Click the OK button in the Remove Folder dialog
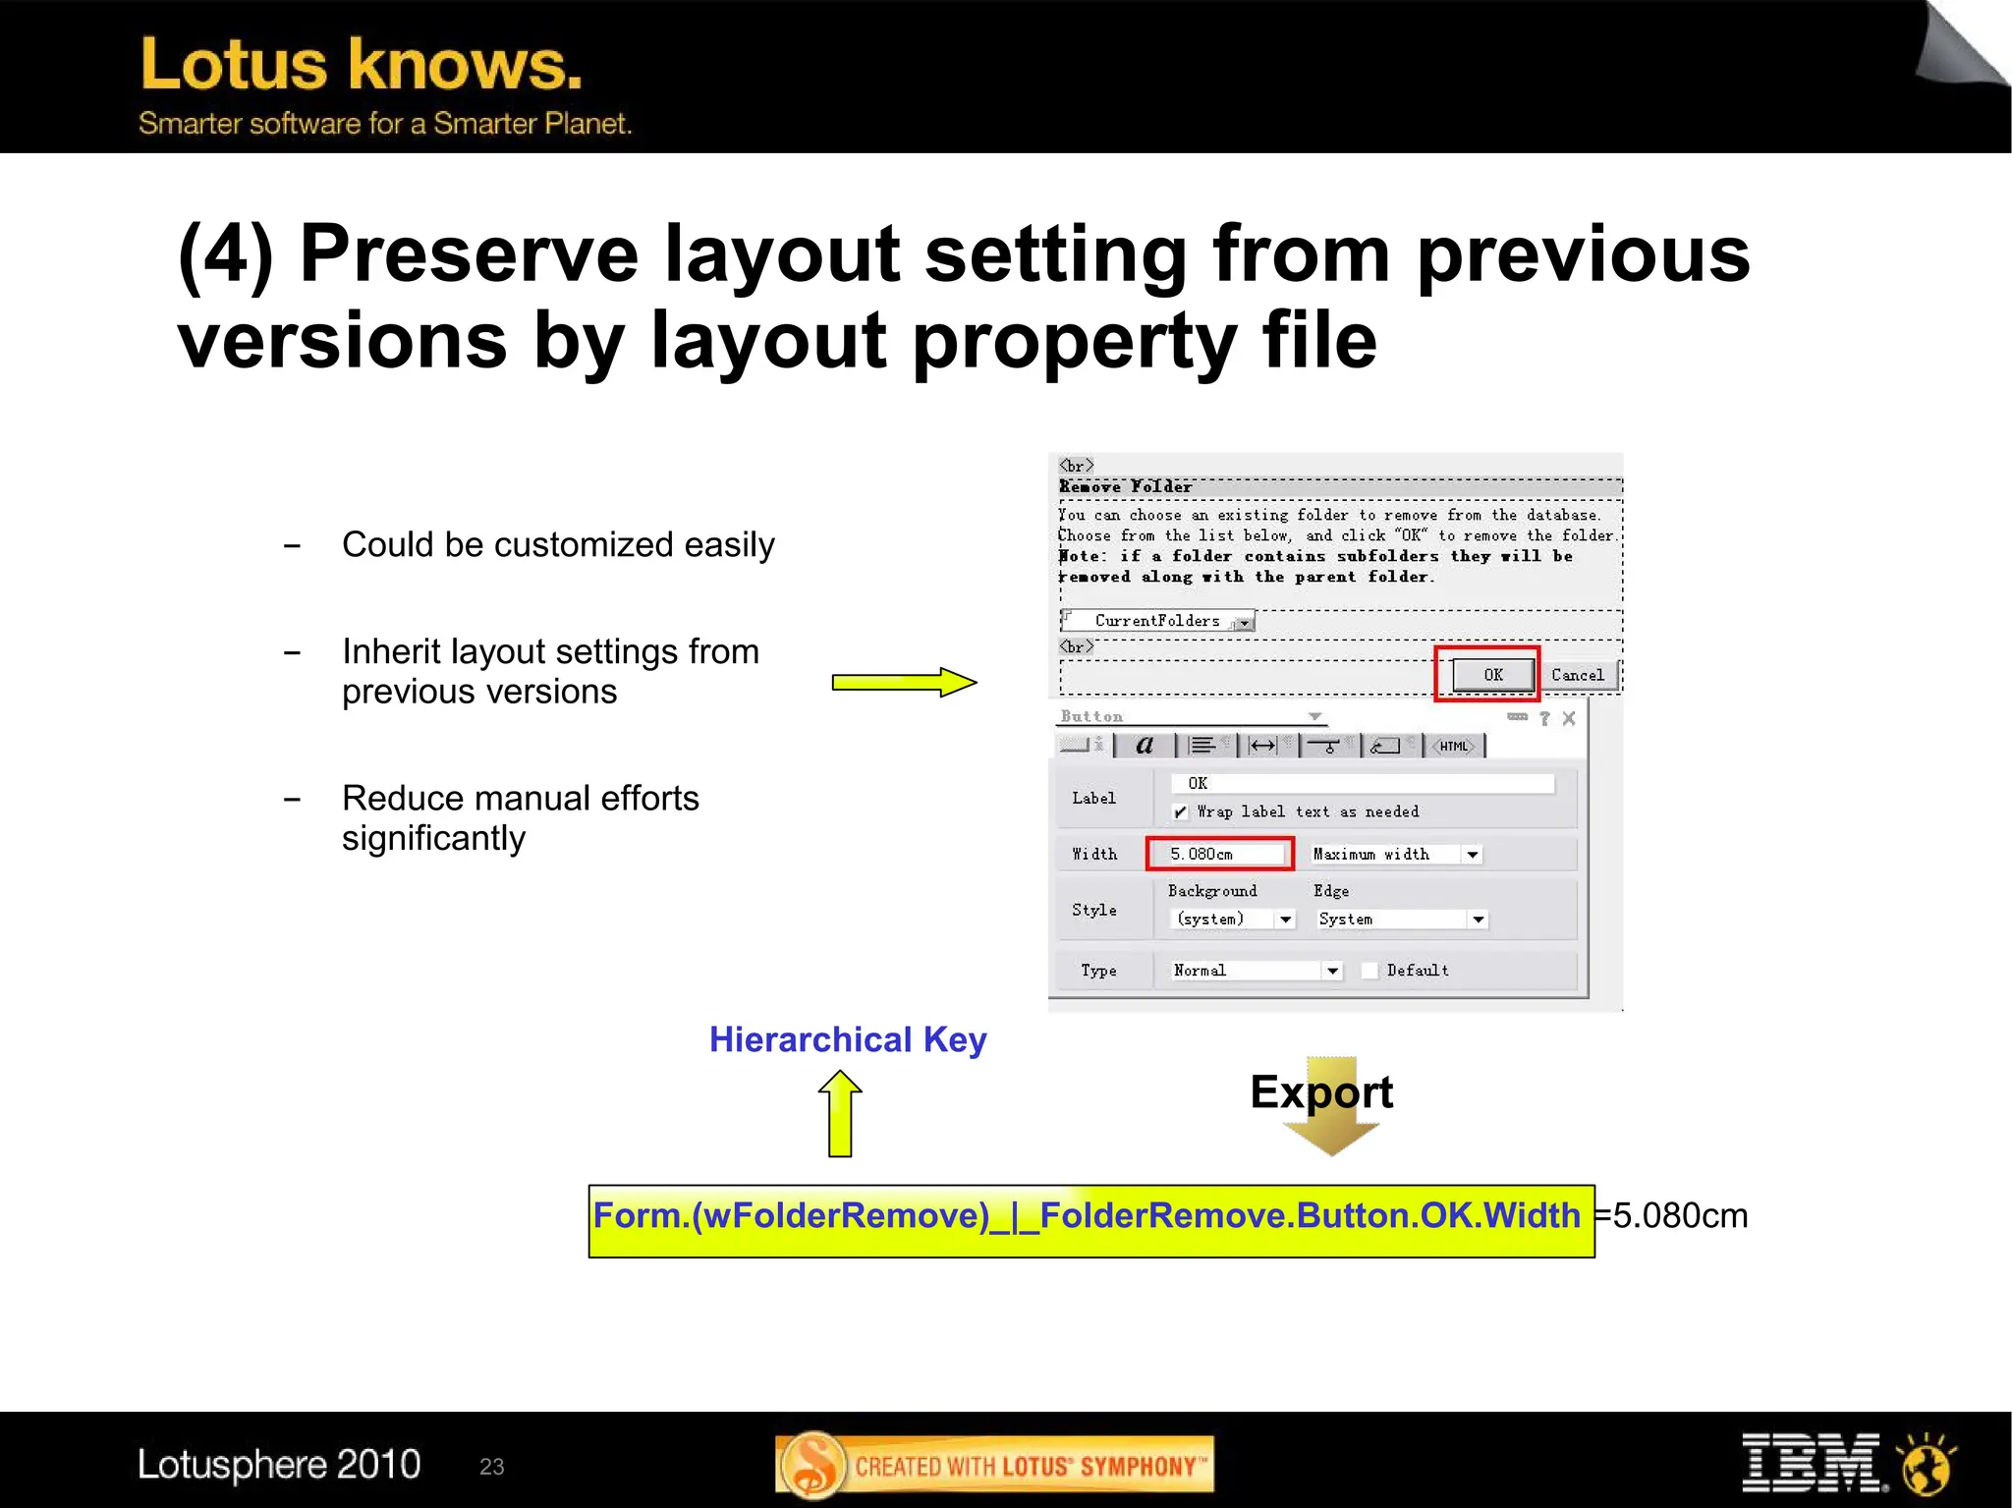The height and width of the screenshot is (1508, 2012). pos(1492,675)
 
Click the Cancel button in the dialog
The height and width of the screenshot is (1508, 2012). pos(1577,675)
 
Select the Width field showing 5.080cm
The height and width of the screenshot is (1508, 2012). pos(1219,854)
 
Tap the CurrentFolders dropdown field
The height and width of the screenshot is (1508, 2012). pos(1159,621)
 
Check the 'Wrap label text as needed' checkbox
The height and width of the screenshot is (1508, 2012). pos(1180,812)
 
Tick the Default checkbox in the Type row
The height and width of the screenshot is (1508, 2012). pos(1370,971)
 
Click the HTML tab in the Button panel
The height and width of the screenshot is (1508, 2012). pos(1454,747)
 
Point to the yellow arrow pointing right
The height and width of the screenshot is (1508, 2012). pos(904,682)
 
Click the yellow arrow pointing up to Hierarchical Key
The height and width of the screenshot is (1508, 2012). pos(840,1113)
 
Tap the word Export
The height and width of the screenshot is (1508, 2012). pos(1321,1092)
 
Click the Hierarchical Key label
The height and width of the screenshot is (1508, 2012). pos(848,1039)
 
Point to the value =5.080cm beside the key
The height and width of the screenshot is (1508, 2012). pos(1672,1216)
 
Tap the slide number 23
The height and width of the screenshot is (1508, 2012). pos(491,1467)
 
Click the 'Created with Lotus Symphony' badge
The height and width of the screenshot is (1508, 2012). pos(994,1466)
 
